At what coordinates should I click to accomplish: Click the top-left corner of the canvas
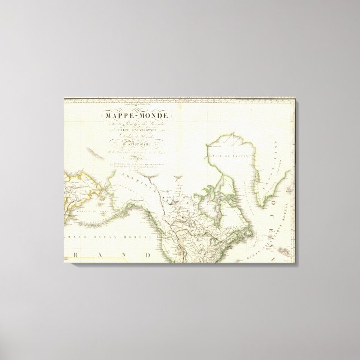63,100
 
